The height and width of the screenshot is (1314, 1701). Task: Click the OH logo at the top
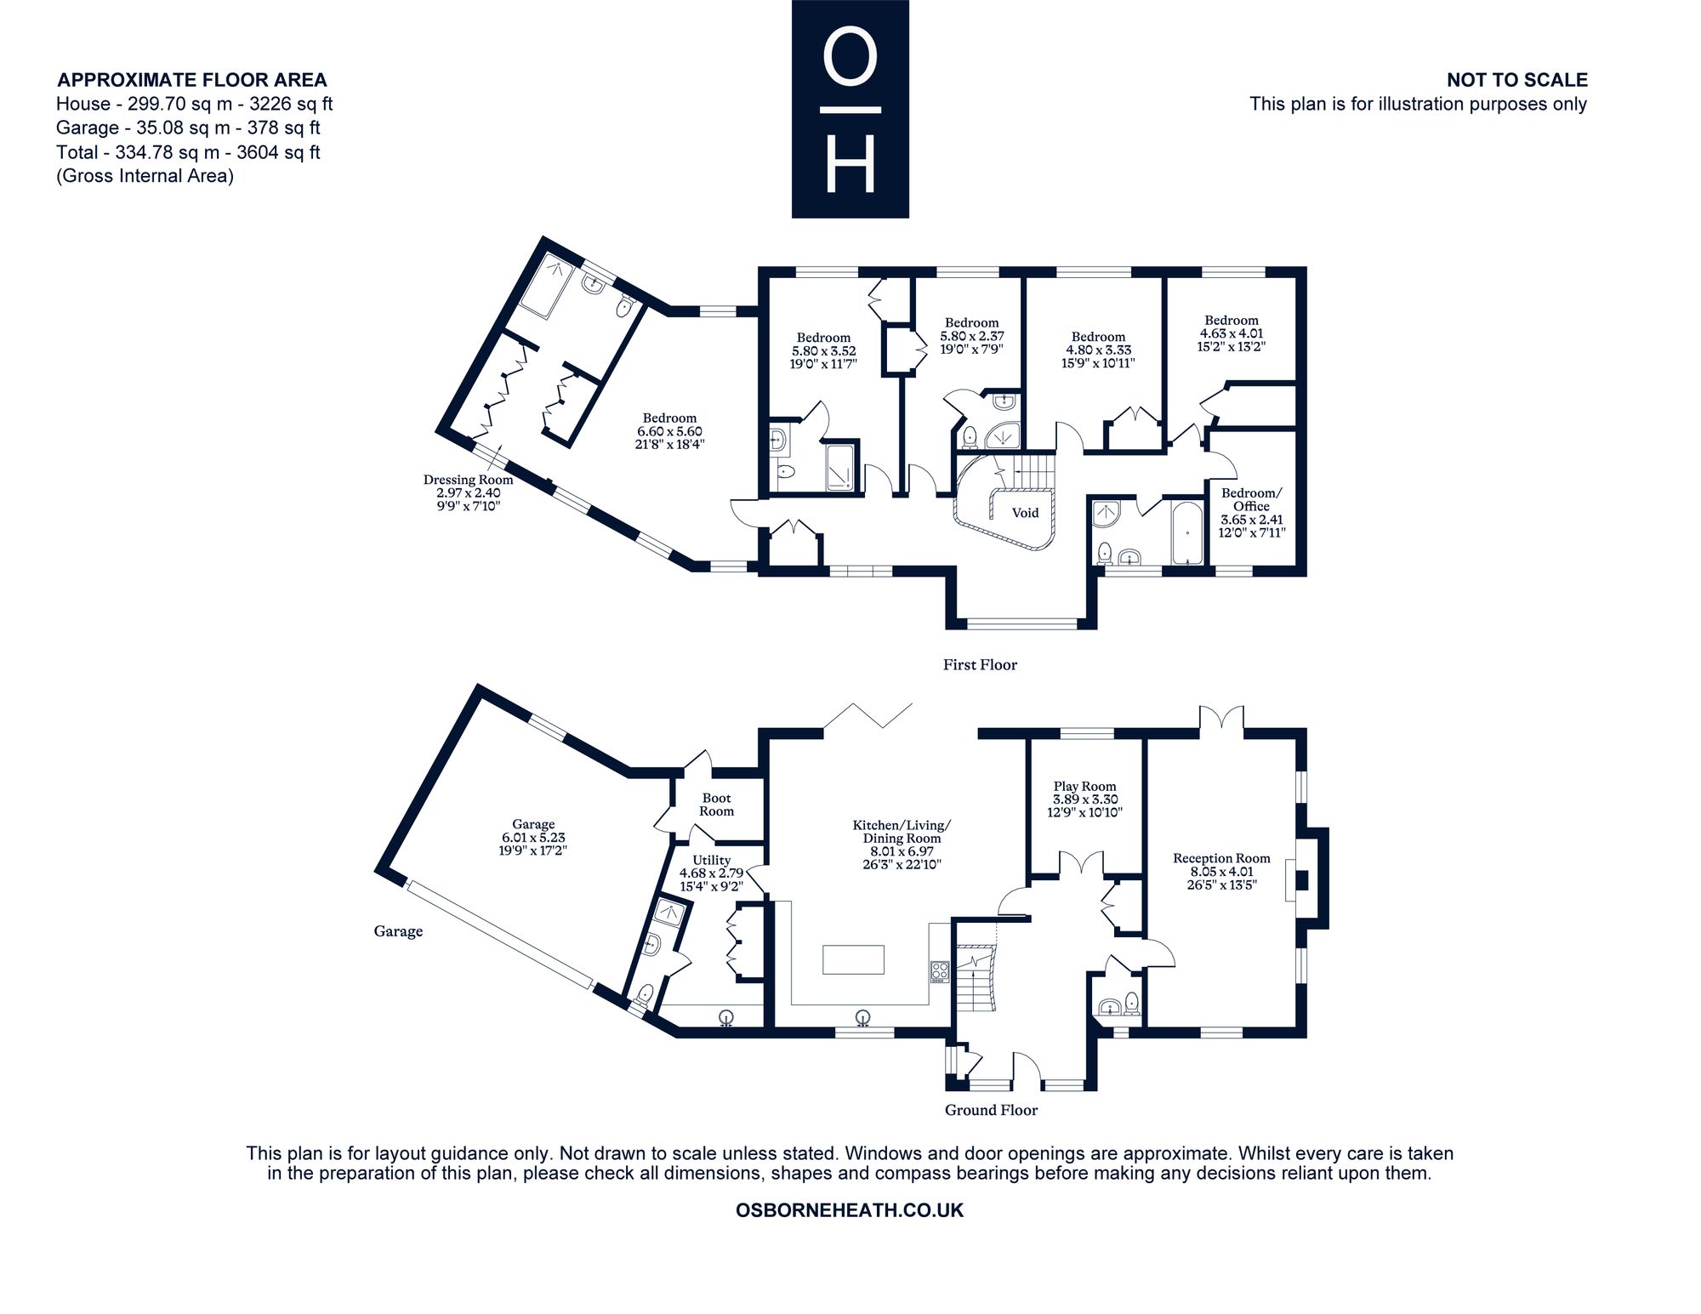coord(850,109)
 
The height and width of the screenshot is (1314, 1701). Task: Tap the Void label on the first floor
coord(1025,513)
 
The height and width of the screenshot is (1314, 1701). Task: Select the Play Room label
coord(1084,787)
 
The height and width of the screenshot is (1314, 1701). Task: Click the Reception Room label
coord(1221,859)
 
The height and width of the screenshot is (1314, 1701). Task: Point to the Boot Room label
coord(716,805)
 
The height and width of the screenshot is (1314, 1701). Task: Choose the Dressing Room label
coord(468,480)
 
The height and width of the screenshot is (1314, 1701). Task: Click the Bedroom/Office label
coord(1251,499)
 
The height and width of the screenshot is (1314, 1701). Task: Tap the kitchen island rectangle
coord(853,959)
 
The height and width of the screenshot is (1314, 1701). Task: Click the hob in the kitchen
coord(939,971)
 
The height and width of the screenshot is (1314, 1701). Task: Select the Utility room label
coord(711,860)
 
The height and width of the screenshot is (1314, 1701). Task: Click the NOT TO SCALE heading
coord(1517,80)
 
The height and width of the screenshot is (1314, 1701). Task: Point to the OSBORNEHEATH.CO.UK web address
coord(850,1210)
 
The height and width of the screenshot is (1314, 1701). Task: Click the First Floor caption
coord(980,665)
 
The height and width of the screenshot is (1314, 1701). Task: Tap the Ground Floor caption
coord(991,1110)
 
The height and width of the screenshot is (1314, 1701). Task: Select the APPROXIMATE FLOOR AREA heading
coord(191,80)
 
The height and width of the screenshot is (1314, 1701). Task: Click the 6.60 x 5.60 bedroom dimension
coord(670,431)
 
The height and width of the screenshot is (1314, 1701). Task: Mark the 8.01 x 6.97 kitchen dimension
coord(902,851)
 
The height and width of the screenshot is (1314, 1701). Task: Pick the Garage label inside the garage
coord(533,824)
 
